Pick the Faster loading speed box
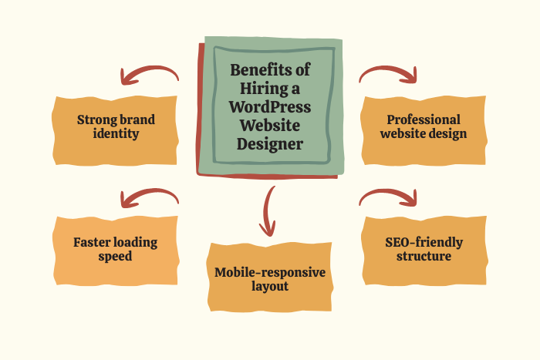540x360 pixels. click(116, 249)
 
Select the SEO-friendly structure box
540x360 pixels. click(424, 249)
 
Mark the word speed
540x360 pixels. click(116, 257)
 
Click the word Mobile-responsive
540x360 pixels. click(270, 272)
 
